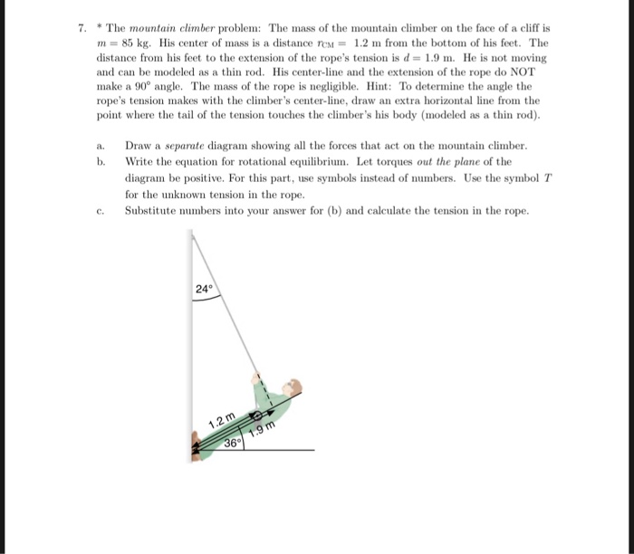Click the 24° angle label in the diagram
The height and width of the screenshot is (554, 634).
(204, 290)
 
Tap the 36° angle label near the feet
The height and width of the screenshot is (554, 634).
(233, 444)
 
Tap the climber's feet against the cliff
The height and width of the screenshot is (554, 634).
(197, 443)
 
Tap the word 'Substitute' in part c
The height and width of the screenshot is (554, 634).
(152, 211)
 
